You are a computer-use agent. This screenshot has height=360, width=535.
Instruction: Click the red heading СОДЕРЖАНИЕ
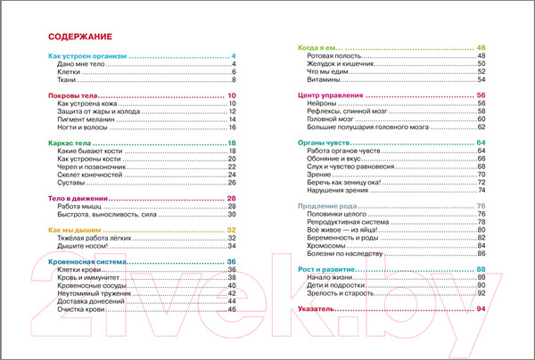(78, 37)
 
